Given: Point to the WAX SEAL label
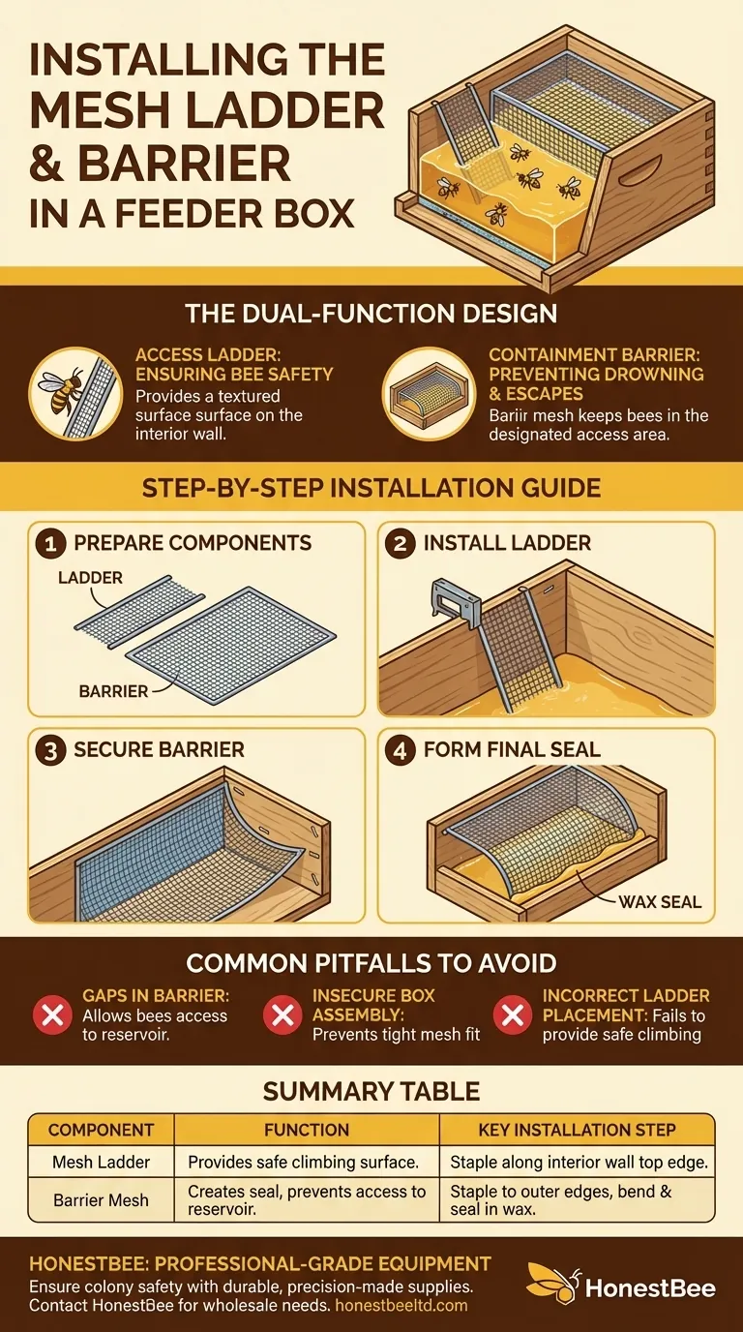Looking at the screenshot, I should click(x=661, y=902).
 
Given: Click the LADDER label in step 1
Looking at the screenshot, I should click(x=90, y=578).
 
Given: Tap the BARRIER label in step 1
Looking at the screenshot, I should click(x=113, y=691).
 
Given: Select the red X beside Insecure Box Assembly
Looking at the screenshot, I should click(x=282, y=1014).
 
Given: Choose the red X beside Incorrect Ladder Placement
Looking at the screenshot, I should click(x=512, y=1014).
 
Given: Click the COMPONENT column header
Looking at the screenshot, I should click(x=101, y=1130).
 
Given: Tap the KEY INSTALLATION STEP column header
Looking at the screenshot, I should click(x=578, y=1130).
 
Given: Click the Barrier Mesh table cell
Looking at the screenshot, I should click(x=101, y=1200).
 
